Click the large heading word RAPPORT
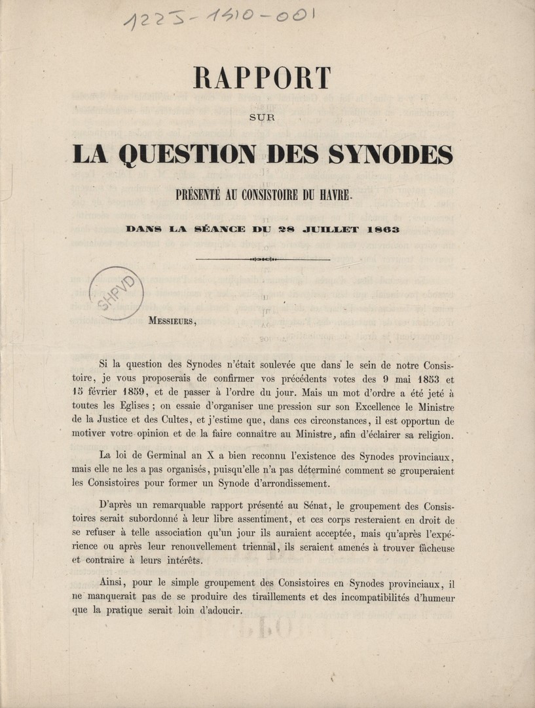coord(262,79)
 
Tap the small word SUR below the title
coord(263,119)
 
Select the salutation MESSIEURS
coord(172,321)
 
